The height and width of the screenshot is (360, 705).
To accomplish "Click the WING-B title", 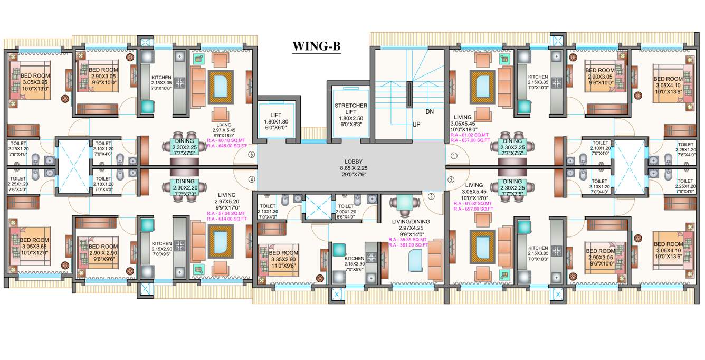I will click(x=317, y=46).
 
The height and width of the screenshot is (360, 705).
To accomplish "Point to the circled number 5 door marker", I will click(x=252, y=155).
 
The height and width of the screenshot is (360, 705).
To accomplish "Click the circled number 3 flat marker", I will click(x=431, y=197).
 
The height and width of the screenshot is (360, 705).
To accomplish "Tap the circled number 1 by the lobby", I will click(x=453, y=156).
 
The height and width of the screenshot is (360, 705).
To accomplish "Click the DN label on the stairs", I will click(x=430, y=112).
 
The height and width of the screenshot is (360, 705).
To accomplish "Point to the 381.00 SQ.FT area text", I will click(x=408, y=245).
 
